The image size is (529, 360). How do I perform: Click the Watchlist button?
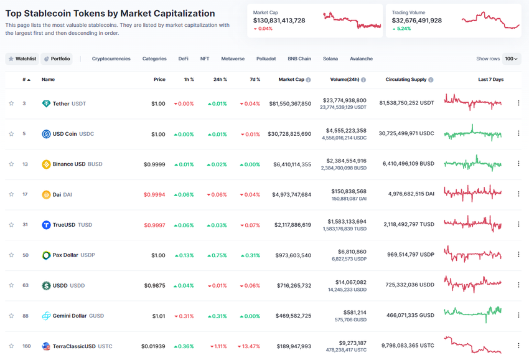click(22, 59)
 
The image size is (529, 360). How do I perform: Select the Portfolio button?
click(57, 59)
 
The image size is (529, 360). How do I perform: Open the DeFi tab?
click(183, 59)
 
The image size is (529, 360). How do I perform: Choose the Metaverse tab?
click(233, 59)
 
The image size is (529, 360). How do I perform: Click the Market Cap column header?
click(291, 80)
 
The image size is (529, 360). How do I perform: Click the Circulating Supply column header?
click(406, 80)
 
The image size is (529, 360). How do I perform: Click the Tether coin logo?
click(46, 103)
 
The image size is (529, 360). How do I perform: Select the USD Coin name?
click(65, 134)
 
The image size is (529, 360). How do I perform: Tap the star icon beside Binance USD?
click(11, 164)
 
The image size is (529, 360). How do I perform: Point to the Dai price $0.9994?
click(154, 194)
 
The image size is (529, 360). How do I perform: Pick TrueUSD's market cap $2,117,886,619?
click(289, 225)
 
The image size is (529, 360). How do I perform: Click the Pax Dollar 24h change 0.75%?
click(218, 255)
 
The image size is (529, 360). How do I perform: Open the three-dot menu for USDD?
click(518, 285)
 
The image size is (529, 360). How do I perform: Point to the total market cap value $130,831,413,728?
click(279, 21)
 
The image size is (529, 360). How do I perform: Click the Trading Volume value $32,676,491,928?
click(416, 21)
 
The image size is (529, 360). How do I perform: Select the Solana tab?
click(330, 59)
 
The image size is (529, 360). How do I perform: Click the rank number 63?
click(24, 285)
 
